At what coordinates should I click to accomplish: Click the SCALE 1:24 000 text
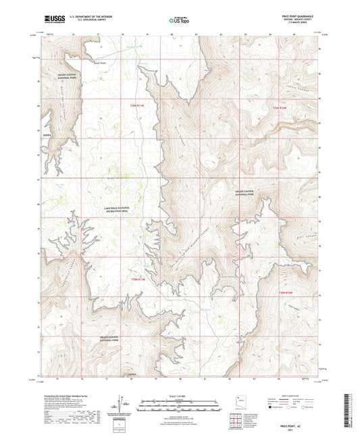click(180, 396)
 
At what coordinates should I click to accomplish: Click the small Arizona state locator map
click(238, 400)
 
